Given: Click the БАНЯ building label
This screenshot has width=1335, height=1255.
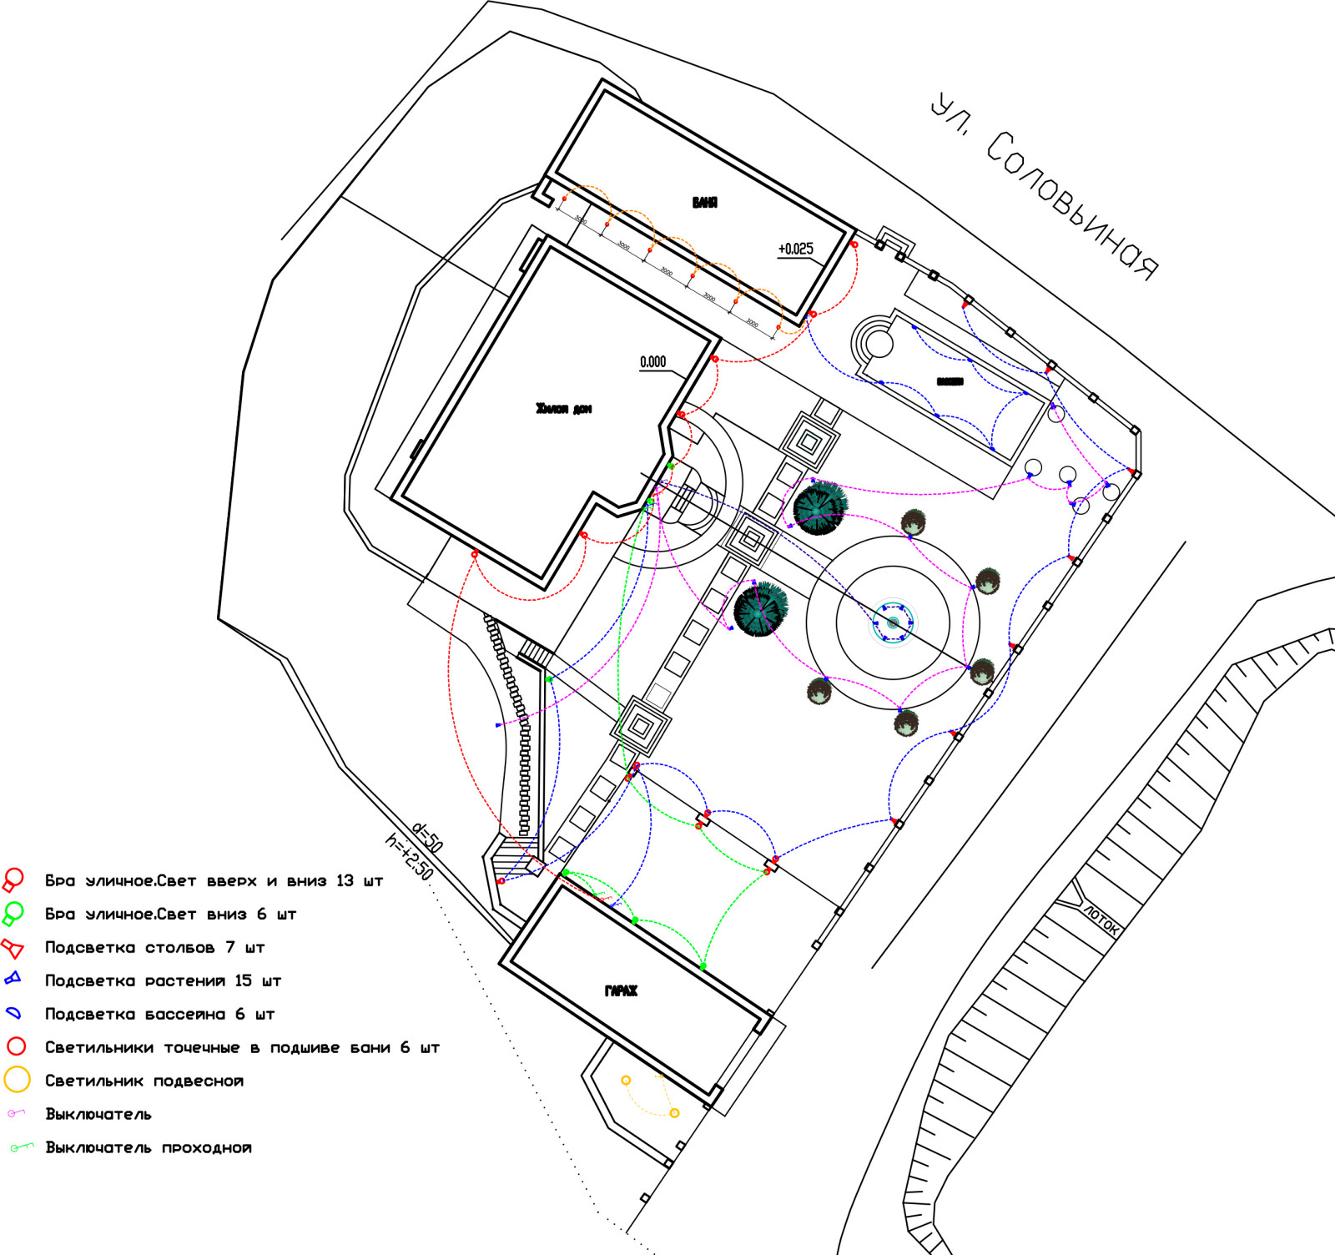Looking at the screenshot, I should tap(704, 203).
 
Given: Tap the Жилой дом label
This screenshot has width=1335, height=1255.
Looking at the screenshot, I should tap(563, 409).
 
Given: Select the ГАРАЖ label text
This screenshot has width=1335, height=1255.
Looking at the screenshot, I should tap(621, 991).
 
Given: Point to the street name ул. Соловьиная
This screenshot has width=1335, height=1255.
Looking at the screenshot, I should tap(1044, 188).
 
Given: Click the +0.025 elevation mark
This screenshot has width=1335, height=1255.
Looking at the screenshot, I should tap(795, 249).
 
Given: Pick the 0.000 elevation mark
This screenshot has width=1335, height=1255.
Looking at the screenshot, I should tap(652, 362).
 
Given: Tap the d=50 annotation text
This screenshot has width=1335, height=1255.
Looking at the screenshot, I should tap(428, 837).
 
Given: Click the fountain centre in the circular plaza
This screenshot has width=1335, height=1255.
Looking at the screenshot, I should tap(893, 623).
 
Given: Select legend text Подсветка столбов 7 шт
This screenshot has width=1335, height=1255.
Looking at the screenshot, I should tap(154, 948).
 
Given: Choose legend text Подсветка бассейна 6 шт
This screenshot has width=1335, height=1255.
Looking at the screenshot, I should tap(159, 1015).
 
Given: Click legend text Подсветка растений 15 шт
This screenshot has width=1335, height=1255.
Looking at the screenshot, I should tap(163, 981).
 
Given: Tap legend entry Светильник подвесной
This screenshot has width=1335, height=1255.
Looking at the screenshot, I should tap(144, 1081).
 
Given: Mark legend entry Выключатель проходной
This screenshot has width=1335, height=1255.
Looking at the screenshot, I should tap(148, 1148).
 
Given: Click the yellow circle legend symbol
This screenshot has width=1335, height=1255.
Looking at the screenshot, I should tap(17, 1080).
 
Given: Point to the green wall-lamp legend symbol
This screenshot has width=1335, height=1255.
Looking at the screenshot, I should tap(13, 915).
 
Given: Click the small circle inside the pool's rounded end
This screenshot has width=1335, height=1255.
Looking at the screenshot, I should tap(878, 343).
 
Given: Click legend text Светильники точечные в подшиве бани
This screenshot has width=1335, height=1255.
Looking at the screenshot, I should tap(242, 1048).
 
